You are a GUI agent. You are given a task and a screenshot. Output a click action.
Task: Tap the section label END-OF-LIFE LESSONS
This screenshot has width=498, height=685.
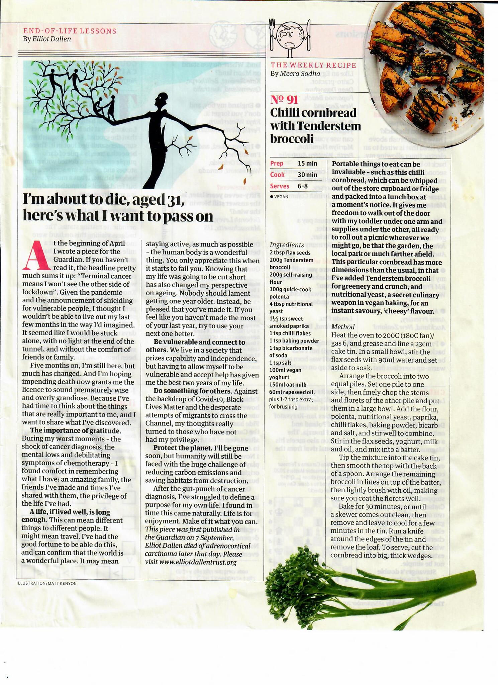click(x=70, y=31)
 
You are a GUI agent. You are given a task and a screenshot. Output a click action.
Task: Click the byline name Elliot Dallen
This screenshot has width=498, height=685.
click(x=52, y=39)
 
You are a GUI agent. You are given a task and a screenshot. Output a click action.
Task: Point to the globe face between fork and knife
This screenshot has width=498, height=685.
click(x=290, y=35)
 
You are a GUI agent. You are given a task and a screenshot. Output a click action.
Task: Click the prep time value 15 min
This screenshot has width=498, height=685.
click(x=307, y=164)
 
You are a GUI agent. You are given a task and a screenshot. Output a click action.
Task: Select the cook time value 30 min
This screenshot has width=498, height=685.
click(x=307, y=175)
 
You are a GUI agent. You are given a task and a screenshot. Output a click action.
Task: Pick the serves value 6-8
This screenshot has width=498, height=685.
click(x=303, y=186)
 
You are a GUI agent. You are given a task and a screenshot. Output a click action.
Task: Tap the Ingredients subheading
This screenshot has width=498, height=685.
click(x=287, y=245)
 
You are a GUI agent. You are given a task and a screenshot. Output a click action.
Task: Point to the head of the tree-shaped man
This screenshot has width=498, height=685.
click(x=163, y=99)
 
